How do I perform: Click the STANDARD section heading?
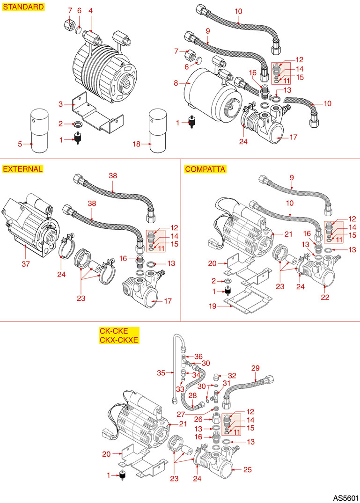click(x=24, y=7)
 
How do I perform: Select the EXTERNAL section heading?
click(x=23, y=169)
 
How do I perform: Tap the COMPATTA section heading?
click(x=206, y=169)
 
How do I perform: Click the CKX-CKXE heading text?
click(x=119, y=340)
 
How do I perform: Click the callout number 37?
click(x=26, y=264)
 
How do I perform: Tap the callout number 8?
click(x=176, y=84)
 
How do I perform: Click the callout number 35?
click(x=162, y=373)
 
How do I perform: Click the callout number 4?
click(x=91, y=10)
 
